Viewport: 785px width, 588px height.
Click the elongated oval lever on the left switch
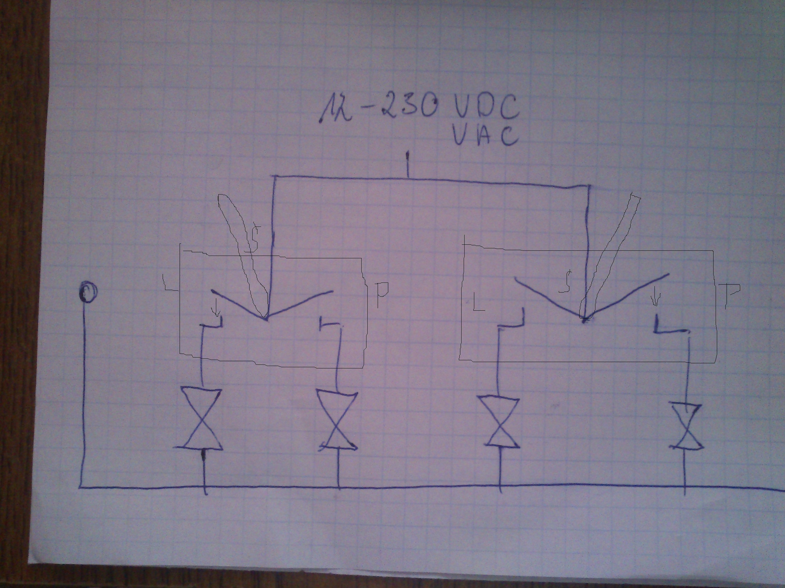[241, 248]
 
